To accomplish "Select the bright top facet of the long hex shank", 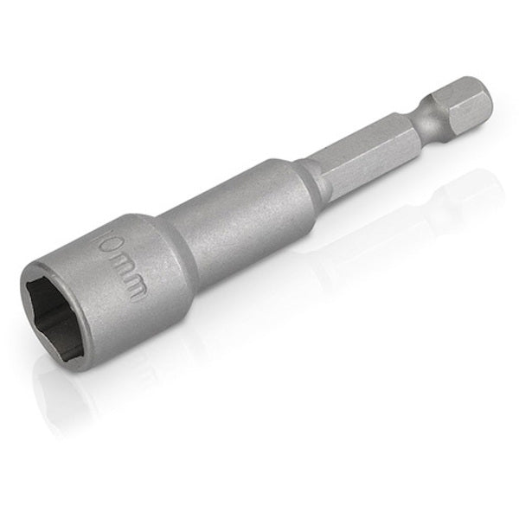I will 363,138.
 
